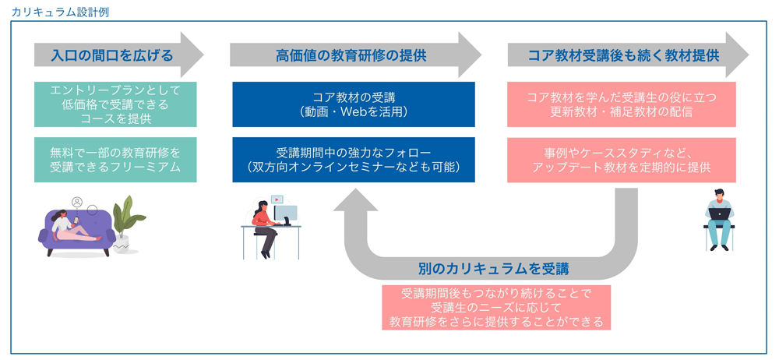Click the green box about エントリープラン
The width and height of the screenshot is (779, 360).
(x=115, y=104)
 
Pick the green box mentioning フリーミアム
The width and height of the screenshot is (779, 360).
(x=115, y=160)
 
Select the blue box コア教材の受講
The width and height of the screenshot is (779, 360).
(x=354, y=104)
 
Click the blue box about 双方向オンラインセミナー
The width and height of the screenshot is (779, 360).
(x=354, y=160)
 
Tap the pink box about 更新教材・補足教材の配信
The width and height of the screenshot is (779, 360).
(x=622, y=104)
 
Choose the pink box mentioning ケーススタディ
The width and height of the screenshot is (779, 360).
(x=622, y=160)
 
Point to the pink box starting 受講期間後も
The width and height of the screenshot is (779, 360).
(x=496, y=307)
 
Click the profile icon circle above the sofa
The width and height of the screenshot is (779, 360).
(x=77, y=202)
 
